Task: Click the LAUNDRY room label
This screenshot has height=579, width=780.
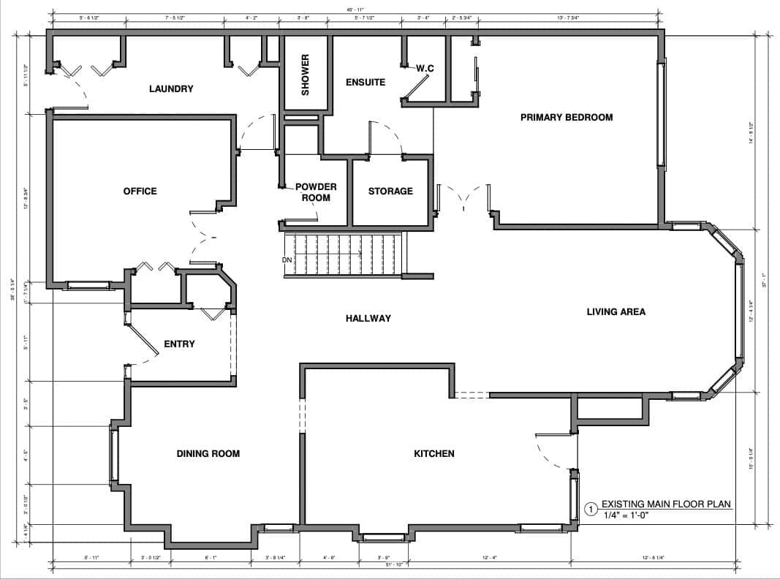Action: [x=171, y=89]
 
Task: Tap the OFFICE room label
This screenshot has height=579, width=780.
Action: [x=140, y=192]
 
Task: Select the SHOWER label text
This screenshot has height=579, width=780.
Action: [x=306, y=75]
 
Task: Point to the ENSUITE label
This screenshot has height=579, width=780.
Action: [x=366, y=83]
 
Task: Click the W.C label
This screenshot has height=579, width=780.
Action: [x=425, y=68]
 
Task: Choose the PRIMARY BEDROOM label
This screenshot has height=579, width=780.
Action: [x=567, y=117]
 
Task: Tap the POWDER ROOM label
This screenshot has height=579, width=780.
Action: [x=316, y=192]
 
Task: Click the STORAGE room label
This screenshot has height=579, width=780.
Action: [x=390, y=192]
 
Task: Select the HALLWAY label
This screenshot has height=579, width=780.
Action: [x=368, y=318]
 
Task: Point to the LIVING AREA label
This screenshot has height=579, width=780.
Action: [x=616, y=311]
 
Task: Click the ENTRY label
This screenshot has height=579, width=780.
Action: [x=179, y=344]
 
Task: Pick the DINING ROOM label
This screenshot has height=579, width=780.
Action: [x=208, y=454]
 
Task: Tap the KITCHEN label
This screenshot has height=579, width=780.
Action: [x=434, y=454]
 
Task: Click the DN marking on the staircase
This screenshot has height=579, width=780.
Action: [x=287, y=260]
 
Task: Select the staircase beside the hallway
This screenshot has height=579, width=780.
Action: [x=344, y=255]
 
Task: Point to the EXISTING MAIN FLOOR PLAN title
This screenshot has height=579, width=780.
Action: [x=666, y=504]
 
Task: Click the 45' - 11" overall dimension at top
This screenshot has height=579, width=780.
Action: [x=355, y=10]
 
